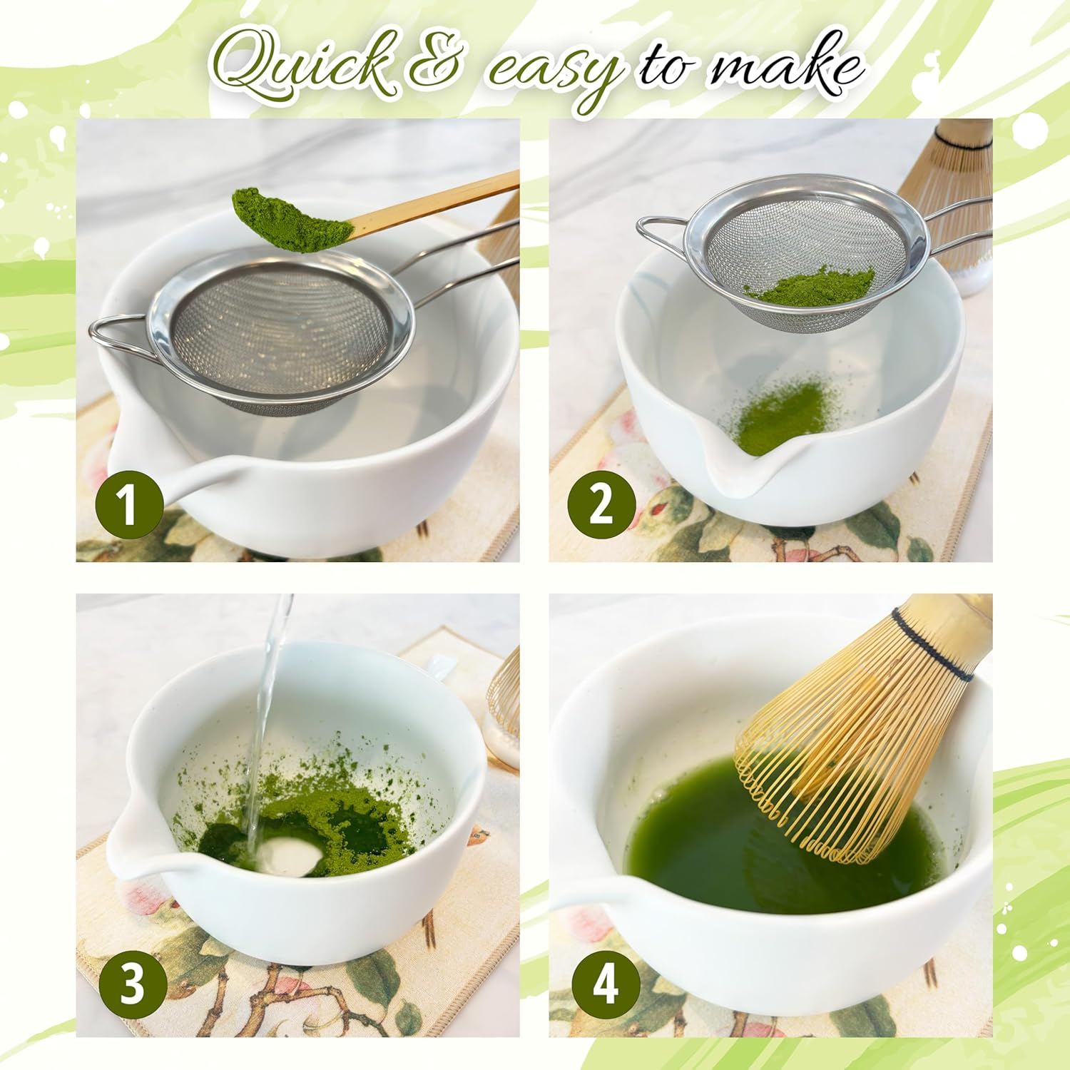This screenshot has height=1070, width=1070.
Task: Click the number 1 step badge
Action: click(129, 504)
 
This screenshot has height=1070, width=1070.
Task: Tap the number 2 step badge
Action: click(601, 504)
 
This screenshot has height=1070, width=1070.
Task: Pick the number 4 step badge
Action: click(606, 986)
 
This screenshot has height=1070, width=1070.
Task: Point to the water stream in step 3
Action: click(267, 713)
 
